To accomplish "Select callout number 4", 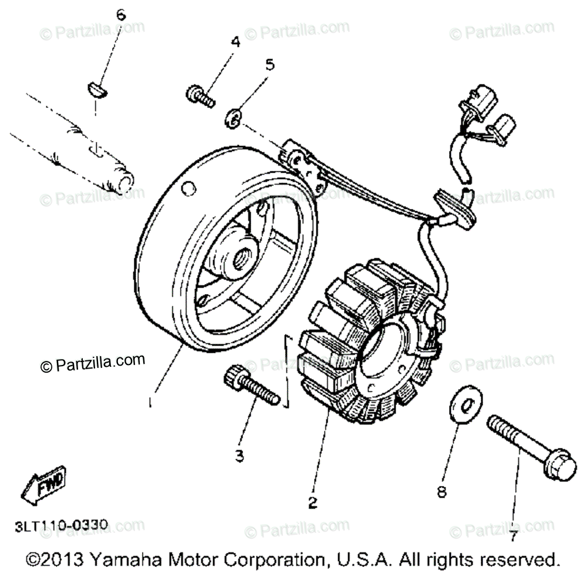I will pos(235,42).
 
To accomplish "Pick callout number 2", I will pos(312,503).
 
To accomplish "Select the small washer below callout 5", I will pos(234,119).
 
